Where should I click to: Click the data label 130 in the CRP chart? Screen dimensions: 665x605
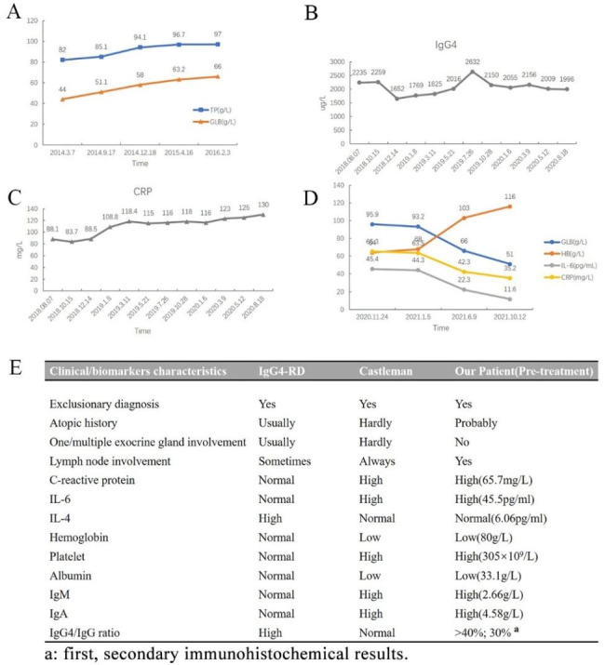click(264, 205)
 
